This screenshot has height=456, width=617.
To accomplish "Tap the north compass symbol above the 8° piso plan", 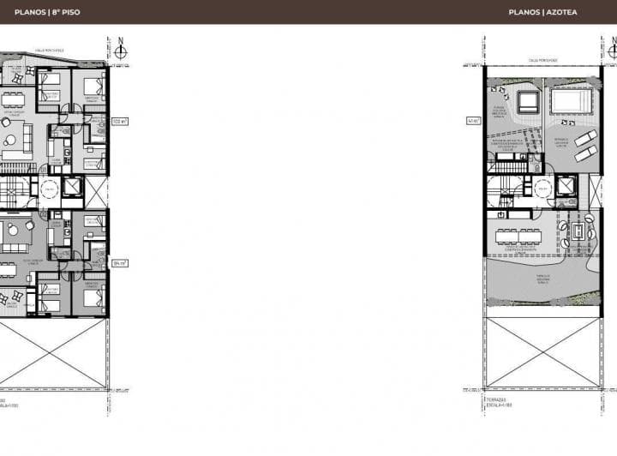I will (x=121, y=51).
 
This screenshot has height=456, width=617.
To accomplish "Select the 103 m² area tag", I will (x=119, y=122).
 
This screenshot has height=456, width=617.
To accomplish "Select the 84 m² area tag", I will (x=119, y=264).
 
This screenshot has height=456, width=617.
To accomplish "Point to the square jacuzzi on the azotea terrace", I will (x=527, y=103).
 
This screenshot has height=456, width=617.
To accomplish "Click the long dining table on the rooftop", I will (x=519, y=232).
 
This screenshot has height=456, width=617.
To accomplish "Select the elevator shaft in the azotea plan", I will (x=565, y=187).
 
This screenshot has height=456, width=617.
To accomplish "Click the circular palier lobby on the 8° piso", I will (x=49, y=188).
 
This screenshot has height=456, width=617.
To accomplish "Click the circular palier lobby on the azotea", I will (x=542, y=188).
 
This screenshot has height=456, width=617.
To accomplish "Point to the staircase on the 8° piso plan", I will (x=15, y=189).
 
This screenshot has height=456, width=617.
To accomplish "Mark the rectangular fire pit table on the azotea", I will (x=578, y=232).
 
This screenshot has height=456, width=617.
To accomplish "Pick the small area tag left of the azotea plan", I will (x=473, y=121).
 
